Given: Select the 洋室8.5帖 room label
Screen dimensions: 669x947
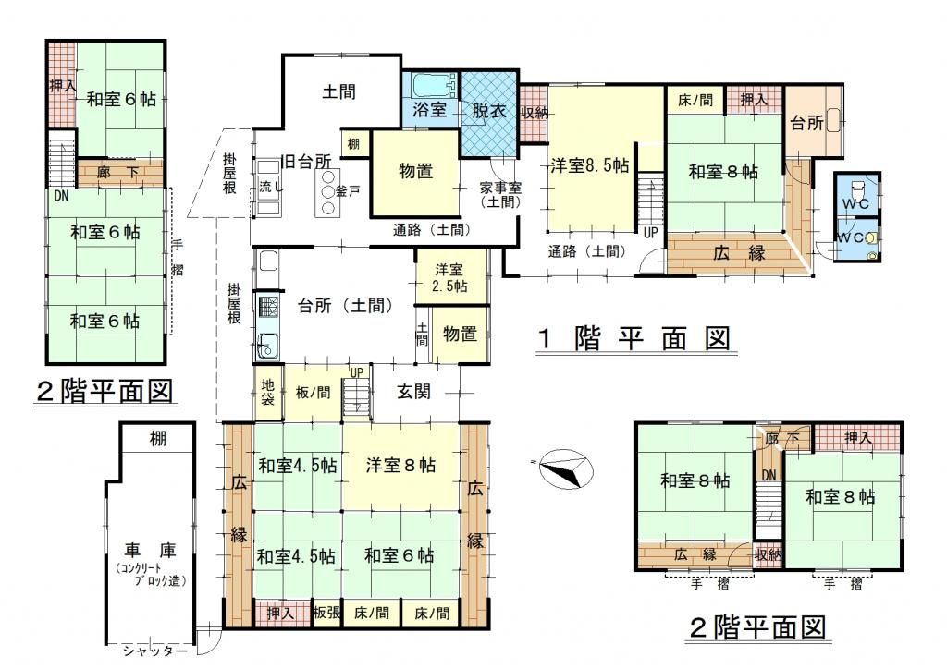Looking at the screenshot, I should point(590,166).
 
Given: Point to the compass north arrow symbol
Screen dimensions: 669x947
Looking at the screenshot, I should point(560,469).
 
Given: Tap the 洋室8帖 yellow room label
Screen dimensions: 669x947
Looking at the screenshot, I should point(400,464).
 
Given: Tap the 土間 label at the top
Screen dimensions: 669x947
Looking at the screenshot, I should point(339,91).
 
